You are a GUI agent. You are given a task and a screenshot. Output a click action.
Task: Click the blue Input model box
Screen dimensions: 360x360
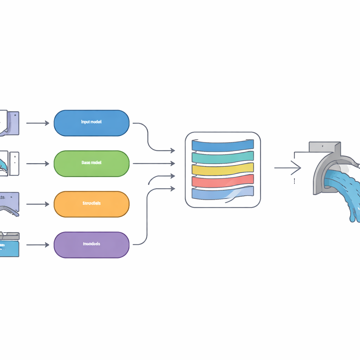[91, 123]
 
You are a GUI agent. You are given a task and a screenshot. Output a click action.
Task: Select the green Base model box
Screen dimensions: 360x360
[91, 164]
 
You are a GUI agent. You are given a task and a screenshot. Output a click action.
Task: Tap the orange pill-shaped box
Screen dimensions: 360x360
[91, 204]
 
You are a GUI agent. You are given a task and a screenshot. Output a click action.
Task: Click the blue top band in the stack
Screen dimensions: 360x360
[223, 145]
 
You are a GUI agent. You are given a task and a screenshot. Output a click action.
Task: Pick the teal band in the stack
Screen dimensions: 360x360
[223, 157]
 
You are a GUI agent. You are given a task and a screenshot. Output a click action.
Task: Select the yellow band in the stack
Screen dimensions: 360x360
[223, 168]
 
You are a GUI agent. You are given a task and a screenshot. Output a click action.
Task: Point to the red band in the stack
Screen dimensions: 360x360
[223, 180]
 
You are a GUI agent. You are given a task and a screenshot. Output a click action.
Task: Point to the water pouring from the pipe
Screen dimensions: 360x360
[346, 197]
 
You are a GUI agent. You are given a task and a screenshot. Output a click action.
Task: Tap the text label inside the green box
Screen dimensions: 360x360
[91, 163]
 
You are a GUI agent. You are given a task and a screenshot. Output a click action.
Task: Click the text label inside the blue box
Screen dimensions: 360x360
[91, 122]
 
